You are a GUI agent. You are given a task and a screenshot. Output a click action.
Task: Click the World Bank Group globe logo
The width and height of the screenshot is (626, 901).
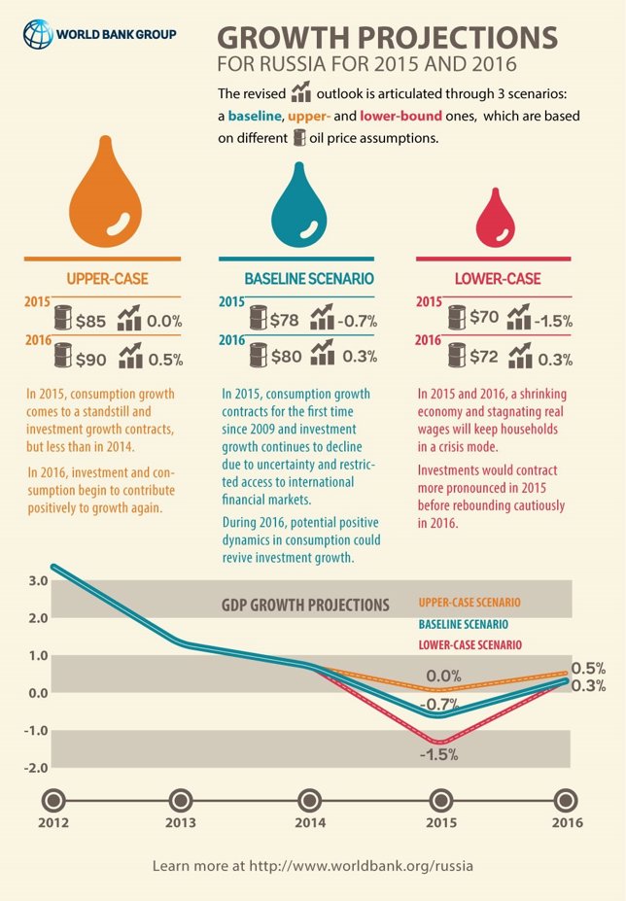[x=38, y=35]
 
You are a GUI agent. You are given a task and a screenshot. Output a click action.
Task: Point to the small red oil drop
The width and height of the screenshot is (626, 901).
[x=502, y=221]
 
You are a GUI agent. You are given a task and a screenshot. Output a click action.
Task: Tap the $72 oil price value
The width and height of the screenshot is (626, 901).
[x=483, y=357]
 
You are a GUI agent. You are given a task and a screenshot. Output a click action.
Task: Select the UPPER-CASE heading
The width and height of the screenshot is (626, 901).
[x=107, y=279]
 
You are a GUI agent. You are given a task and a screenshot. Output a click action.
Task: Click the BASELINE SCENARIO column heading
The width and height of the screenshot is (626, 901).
[x=309, y=279]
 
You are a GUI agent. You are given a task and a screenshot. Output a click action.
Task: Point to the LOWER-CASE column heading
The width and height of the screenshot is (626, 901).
[x=498, y=279]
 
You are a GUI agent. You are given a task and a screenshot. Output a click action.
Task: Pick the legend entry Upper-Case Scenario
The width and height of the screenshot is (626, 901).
[x=469, y=603]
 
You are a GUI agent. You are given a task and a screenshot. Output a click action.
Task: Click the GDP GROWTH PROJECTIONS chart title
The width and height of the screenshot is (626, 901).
[x=303, y=605]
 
